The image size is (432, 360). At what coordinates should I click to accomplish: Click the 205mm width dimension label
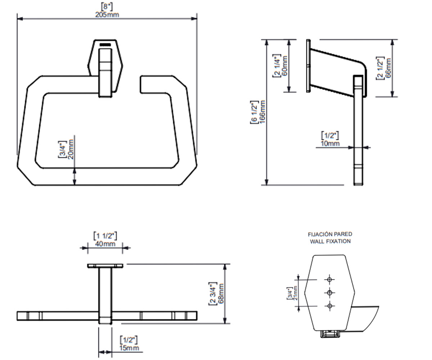pyautogui.click(x=107, y=15)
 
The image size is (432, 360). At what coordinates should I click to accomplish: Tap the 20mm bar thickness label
pyautogui.click(x=71, y=149)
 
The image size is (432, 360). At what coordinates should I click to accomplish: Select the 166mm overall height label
pyautogui.click(x=262, y=112)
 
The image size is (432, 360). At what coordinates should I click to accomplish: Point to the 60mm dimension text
pyautogui.click(x=284, y=66)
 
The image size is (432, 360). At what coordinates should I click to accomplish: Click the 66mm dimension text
pyautogui.click(x=388, y=68)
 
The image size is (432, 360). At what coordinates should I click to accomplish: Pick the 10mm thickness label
pyautogui.click(x=330, y=143)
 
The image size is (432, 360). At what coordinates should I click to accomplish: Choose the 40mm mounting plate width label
pyautogui.click(x=105, y=244)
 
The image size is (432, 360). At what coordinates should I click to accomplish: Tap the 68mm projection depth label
pyautogui.click(x=221, y=293)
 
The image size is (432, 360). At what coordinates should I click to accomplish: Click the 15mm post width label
pyautogui.click(x=129, y=348)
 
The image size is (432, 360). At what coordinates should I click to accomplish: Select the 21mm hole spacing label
pyautogui.click(x=295, y=293)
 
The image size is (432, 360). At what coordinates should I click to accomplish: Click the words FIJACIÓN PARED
pyautogui.click(x=330, y=234)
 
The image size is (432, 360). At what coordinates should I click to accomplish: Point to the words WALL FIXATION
pyautogui.click(x=330, y=241)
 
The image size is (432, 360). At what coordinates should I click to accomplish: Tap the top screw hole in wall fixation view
pyautogui.click(x=330, y=280)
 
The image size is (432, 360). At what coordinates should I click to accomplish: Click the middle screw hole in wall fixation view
pyautogui.click(x=330, y=293)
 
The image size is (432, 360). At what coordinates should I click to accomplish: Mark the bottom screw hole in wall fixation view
pyautogui.click(x=330, y=306)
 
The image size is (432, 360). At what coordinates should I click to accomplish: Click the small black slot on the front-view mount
pyautogui.click(x=105, y=45)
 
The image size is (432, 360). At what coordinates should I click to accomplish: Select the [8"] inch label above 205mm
pyautogui.click(x=107, y=7)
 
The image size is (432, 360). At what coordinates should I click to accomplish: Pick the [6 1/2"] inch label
pyautogui.click(x=255, y=112)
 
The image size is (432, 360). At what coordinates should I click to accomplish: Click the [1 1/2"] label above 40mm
pyautogui.click(x=105, y=236)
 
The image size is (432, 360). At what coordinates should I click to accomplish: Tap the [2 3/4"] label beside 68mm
pyautogui.click(x=213, y=294)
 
